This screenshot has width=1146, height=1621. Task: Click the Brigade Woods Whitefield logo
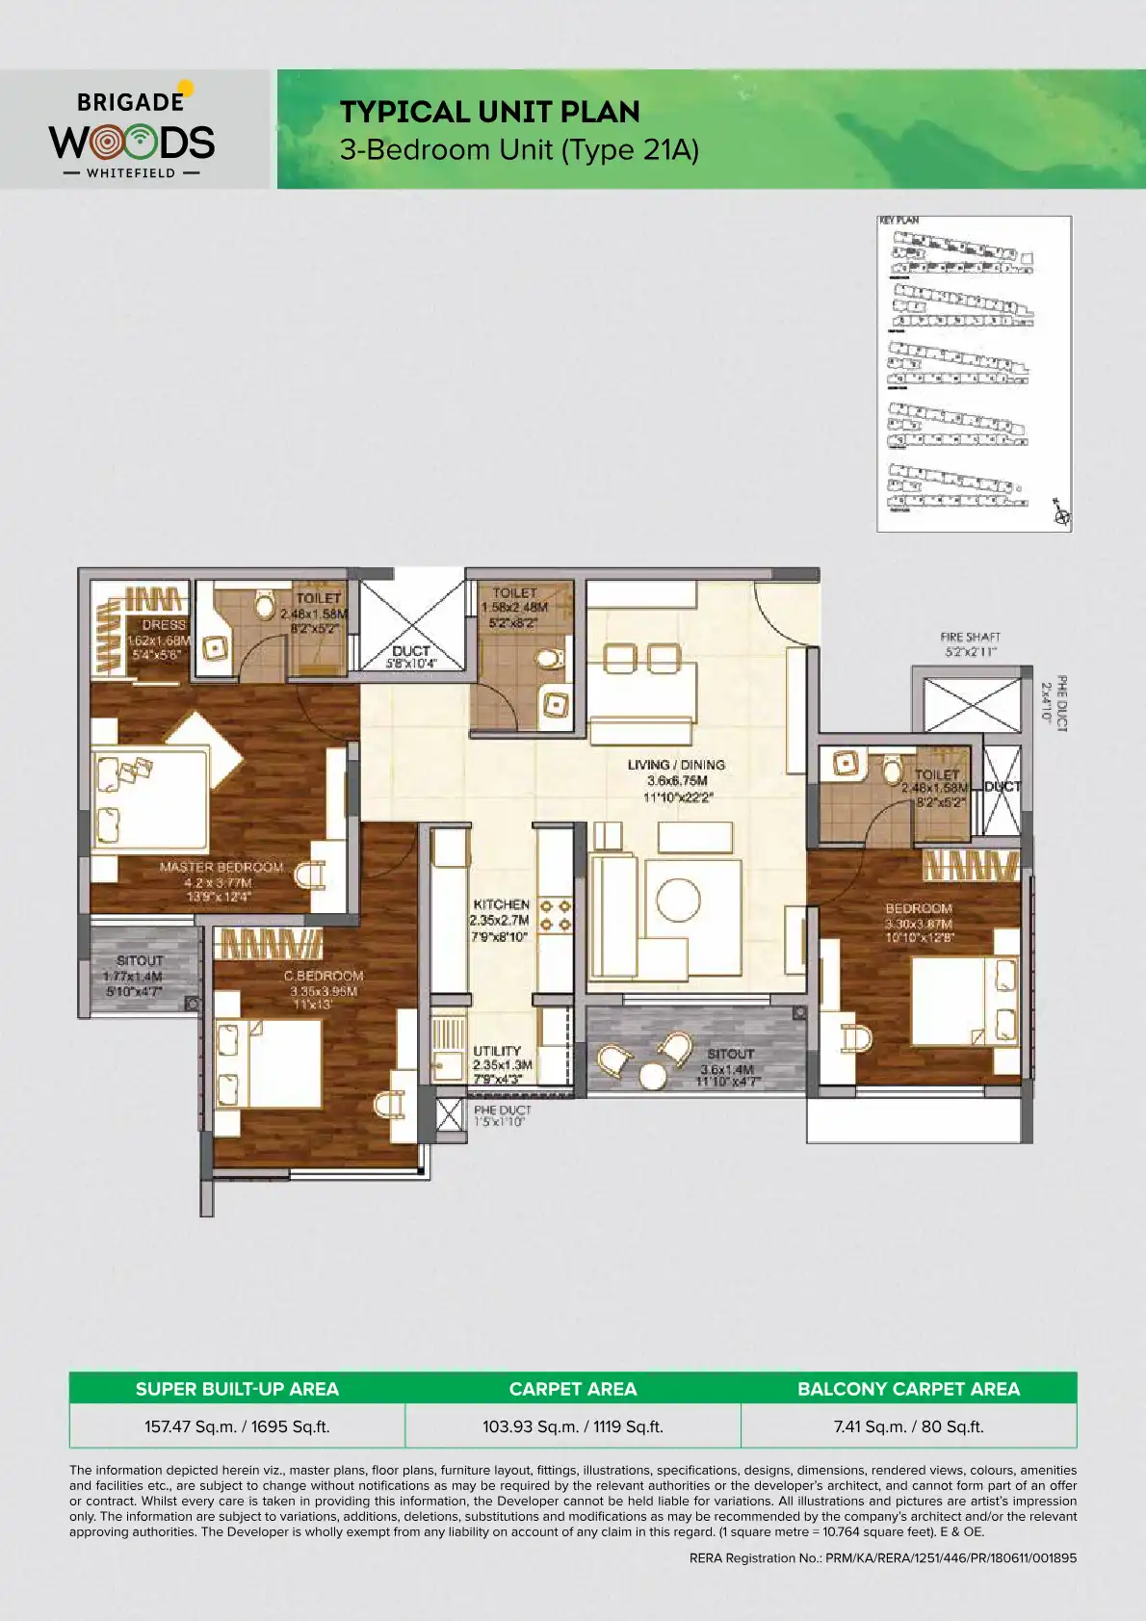coord(133,133)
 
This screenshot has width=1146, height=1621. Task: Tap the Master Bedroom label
coord(221,867)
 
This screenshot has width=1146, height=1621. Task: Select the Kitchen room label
coord(501,904)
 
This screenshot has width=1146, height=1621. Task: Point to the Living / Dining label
coord(676,765)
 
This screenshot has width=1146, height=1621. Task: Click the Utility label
coord(497,1051)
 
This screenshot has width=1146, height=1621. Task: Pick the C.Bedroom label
coord(323,976)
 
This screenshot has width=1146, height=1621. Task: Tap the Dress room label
coord(164,625)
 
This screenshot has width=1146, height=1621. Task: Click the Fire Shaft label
coord(970,638)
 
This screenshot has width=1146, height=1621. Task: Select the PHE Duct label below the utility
coord(502,1111)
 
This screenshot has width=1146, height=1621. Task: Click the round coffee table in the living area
coord(678,900)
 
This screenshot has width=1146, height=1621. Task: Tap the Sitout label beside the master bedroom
coord(140,960)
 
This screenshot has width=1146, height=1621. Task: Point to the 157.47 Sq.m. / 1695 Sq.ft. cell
coord(237,1426)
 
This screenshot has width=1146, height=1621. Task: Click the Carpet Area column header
coord(573,1389)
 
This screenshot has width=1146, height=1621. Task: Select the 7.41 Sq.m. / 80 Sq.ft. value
coord(908,1426)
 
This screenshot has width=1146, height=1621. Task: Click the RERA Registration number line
coord(882,1557)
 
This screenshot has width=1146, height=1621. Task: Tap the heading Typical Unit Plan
coord(489,113)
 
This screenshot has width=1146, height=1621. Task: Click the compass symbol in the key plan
coord(1062,515)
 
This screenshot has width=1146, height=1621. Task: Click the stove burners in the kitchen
coord(555,915)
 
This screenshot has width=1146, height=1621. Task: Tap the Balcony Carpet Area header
coord(908,1389)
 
